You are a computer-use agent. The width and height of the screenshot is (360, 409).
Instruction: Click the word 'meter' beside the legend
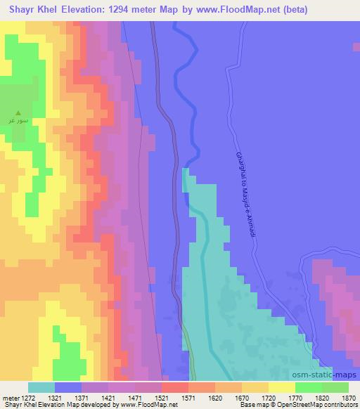tap(9, 397)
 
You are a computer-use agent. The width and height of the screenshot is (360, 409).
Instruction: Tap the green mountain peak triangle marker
tap(19, 112)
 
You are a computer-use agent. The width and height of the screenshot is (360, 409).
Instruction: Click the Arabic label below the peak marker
tap(19, 120)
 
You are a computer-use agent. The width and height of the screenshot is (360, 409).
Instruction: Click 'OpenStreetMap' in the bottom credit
tap(304, 405)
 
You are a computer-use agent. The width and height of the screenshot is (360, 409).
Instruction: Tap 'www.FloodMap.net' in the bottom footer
tap(144, 405)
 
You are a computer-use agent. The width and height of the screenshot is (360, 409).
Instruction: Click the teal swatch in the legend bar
tap(41, 387)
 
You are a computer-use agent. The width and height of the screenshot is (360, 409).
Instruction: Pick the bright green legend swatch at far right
tap(335, 387)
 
